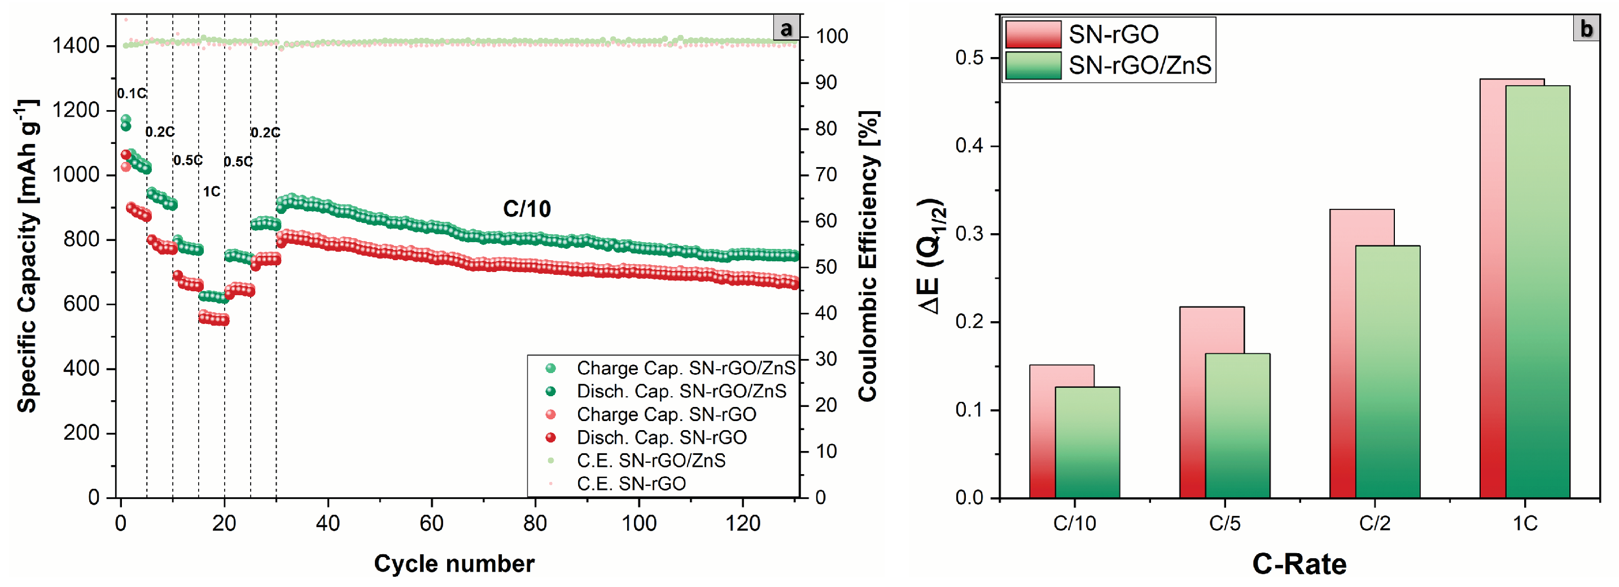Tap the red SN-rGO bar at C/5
pyautogui.click(x=1192, y=402)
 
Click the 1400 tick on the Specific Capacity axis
pyautogui.click(x=76, y=46)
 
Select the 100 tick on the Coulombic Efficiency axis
pyautogui.click(x=831, y=37)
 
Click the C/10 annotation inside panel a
pyautogui.click(x=527, y=209)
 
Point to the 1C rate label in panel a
pyautogui.click(x=211, y=191)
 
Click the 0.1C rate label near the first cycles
pyautogui.click(x=132, y=94)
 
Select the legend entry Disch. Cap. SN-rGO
pyautogui.click(x=661, y=437)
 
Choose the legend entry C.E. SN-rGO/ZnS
pyautogui.click(x=650, y=461)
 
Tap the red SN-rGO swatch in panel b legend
pyautogui.click(x=1032, y=34)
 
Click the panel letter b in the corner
pyautogui.click(x=1586, y=29)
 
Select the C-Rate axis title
pyautogui.click(x=1298, y=564)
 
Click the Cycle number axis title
pyautogui.click(x=454, y=564)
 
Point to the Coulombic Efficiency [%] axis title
pyautogui.click(x=868, y=256)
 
